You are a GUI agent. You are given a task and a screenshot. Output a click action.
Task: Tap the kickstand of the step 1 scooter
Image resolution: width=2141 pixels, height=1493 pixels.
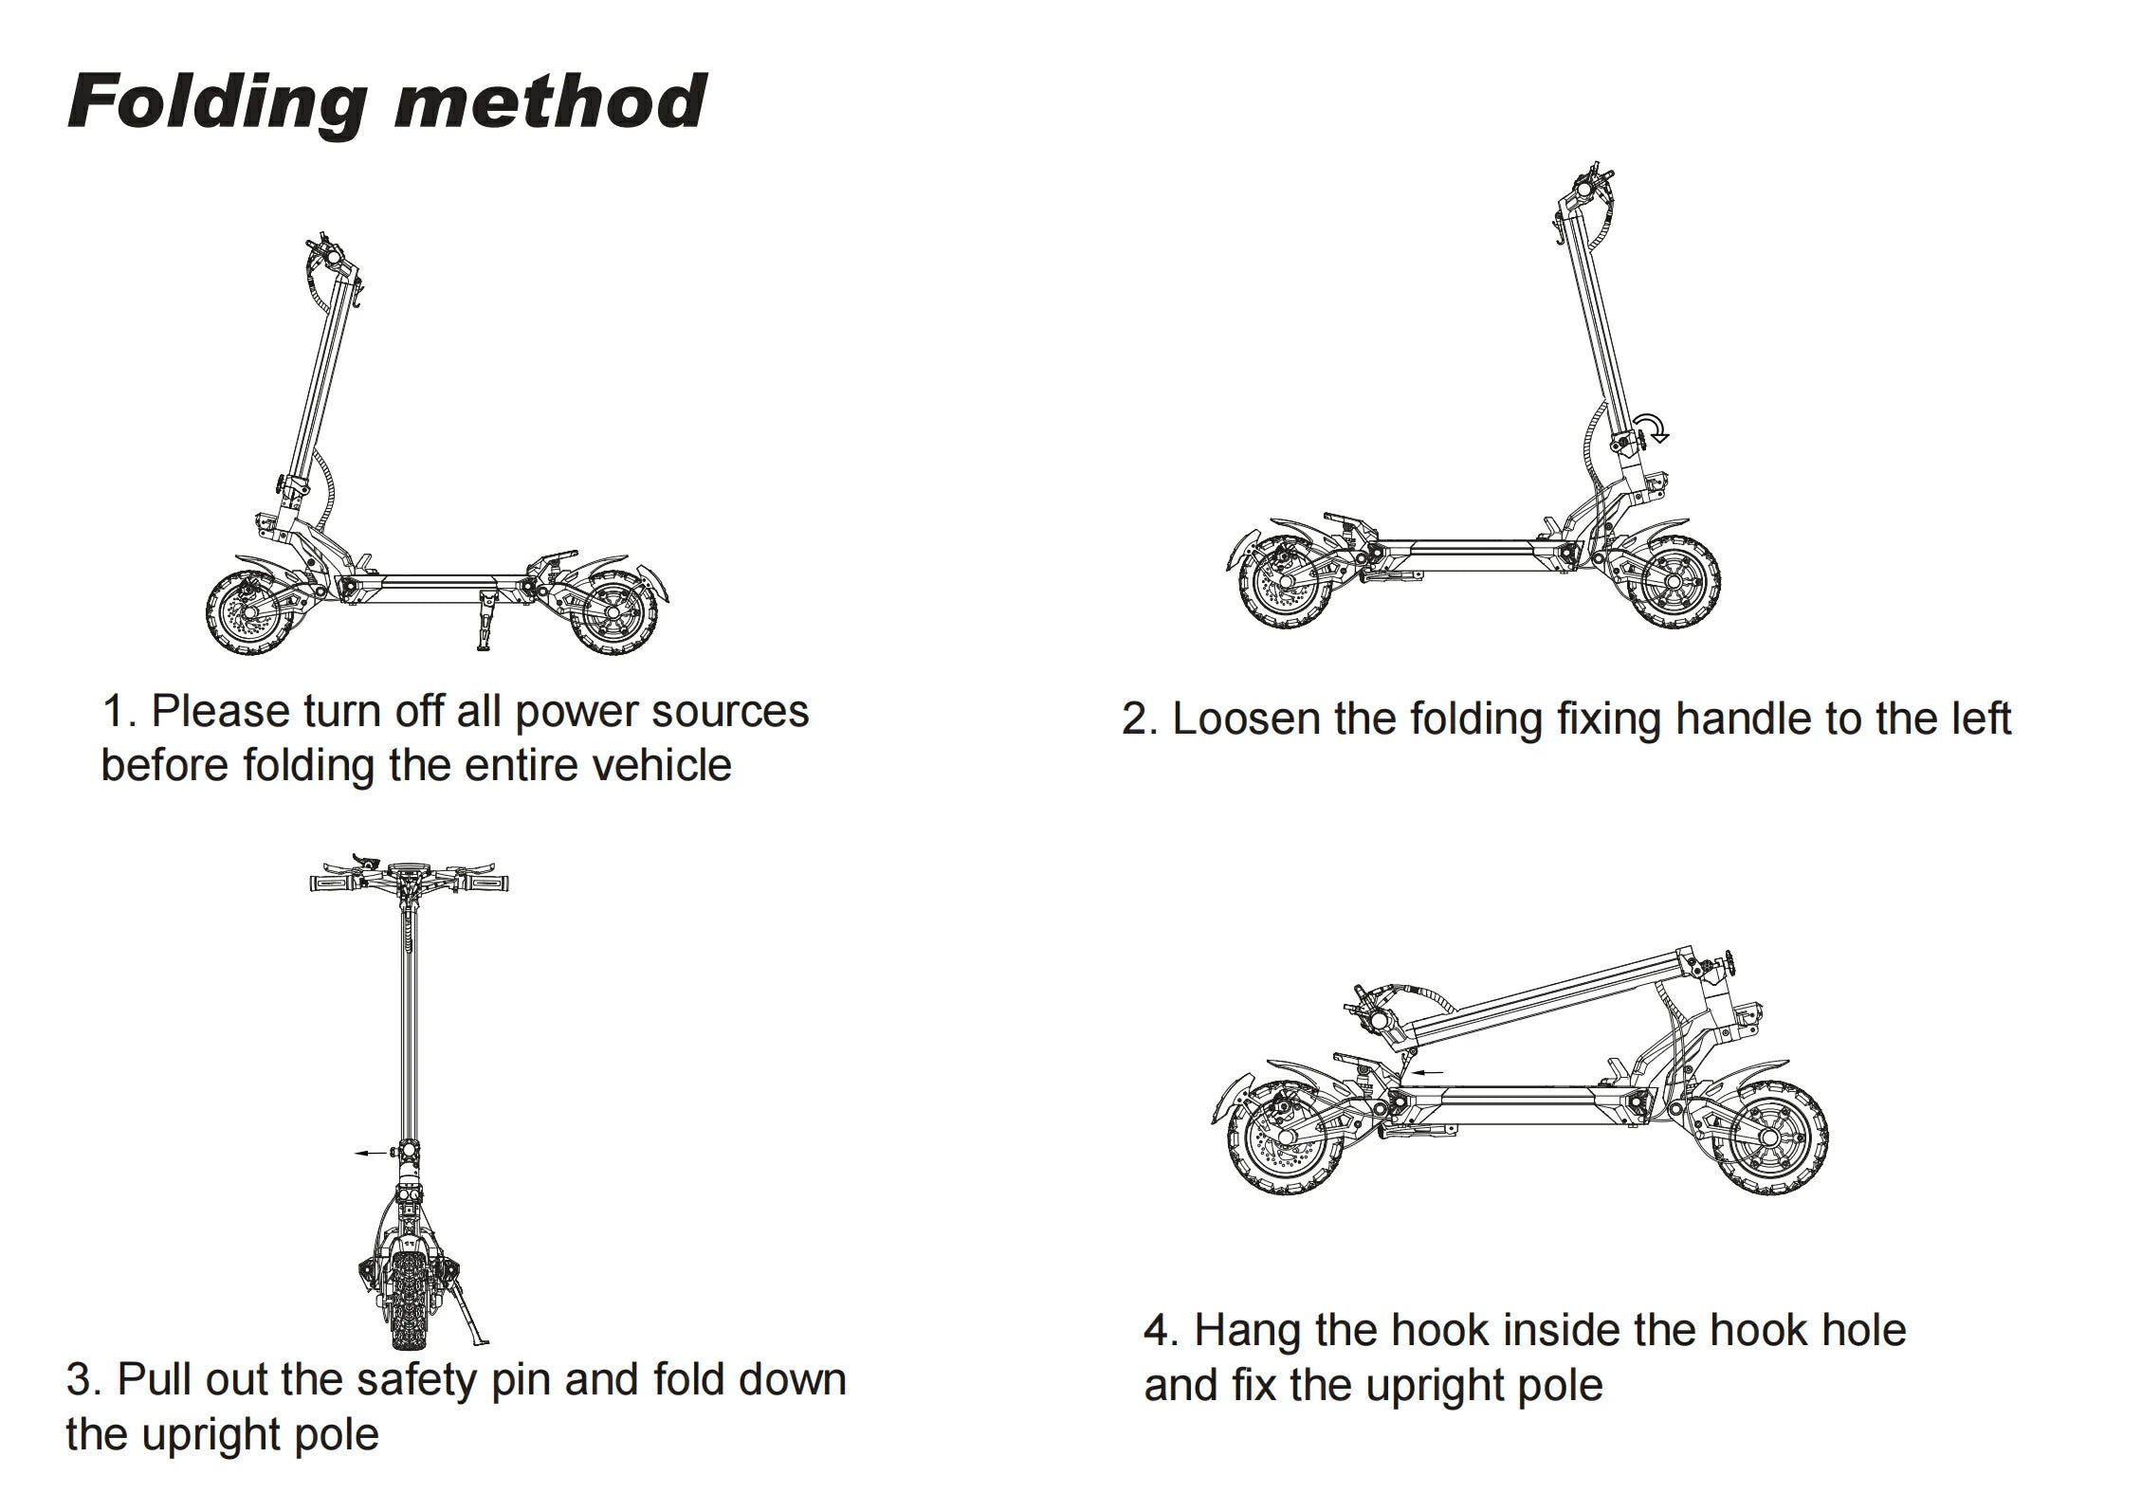coord(488,620)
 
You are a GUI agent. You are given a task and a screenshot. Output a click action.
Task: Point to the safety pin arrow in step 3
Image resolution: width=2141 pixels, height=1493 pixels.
coord(371,1153)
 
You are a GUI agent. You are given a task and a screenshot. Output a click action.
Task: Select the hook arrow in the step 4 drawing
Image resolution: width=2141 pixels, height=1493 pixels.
coord(1426,1072)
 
